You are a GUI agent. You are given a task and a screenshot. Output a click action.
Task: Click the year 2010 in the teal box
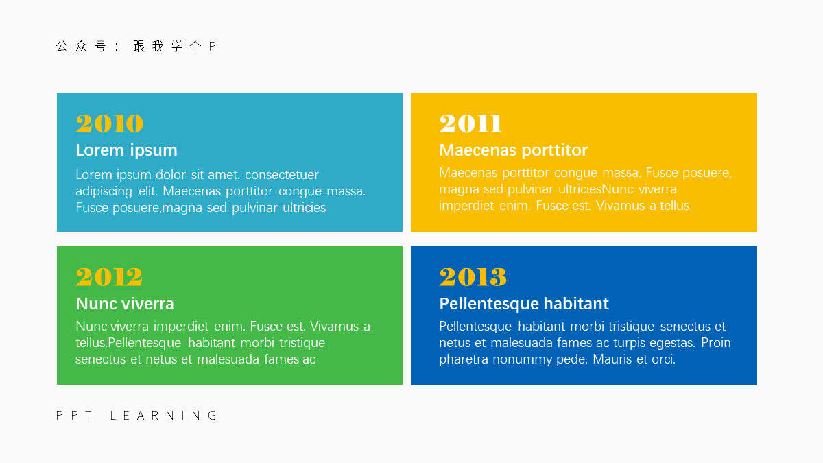110,123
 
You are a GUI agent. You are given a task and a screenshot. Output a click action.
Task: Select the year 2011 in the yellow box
470,123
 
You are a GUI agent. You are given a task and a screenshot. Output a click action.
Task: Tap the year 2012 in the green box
109,276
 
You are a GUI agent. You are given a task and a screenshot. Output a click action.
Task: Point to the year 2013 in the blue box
473,276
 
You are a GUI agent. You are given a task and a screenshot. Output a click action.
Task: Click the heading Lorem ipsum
126,151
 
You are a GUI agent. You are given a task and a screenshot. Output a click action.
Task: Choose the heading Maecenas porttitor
513,151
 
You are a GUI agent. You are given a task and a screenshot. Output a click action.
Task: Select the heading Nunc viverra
125,304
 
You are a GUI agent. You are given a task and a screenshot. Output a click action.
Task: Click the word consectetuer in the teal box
282,175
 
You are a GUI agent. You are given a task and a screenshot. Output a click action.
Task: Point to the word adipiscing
104,192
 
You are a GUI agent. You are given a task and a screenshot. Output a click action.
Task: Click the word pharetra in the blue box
464,359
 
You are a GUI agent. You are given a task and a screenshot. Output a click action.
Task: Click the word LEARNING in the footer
163,416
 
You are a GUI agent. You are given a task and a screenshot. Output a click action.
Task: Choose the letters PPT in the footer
74,416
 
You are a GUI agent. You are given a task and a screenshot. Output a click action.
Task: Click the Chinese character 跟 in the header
139,47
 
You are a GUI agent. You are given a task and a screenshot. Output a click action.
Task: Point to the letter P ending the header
212,47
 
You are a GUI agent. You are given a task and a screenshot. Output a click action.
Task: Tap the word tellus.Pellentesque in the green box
128,343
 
